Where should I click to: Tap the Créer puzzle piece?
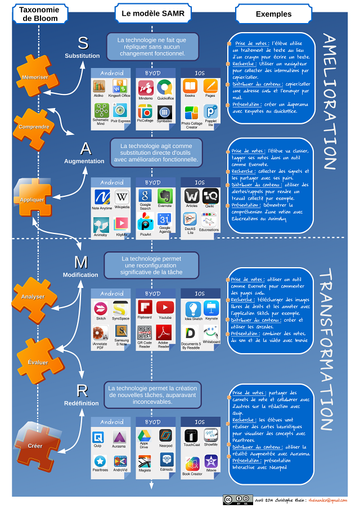pos(35,446)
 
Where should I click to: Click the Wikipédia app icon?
pos(121,197)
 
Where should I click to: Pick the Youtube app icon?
pos(164,307)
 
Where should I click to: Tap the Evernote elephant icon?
pos(164,195)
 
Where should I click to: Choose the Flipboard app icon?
pos(145,307)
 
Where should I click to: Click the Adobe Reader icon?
pos(164,332)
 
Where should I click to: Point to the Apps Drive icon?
pos(145,435)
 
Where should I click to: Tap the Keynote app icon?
pos(211,308)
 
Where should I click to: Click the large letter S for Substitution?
pos(83,43)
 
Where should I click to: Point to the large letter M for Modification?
pos(81,262)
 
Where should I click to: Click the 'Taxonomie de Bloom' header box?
pos(40,13)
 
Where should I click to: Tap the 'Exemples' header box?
pos(273,13)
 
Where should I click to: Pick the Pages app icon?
pos(210,86)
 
